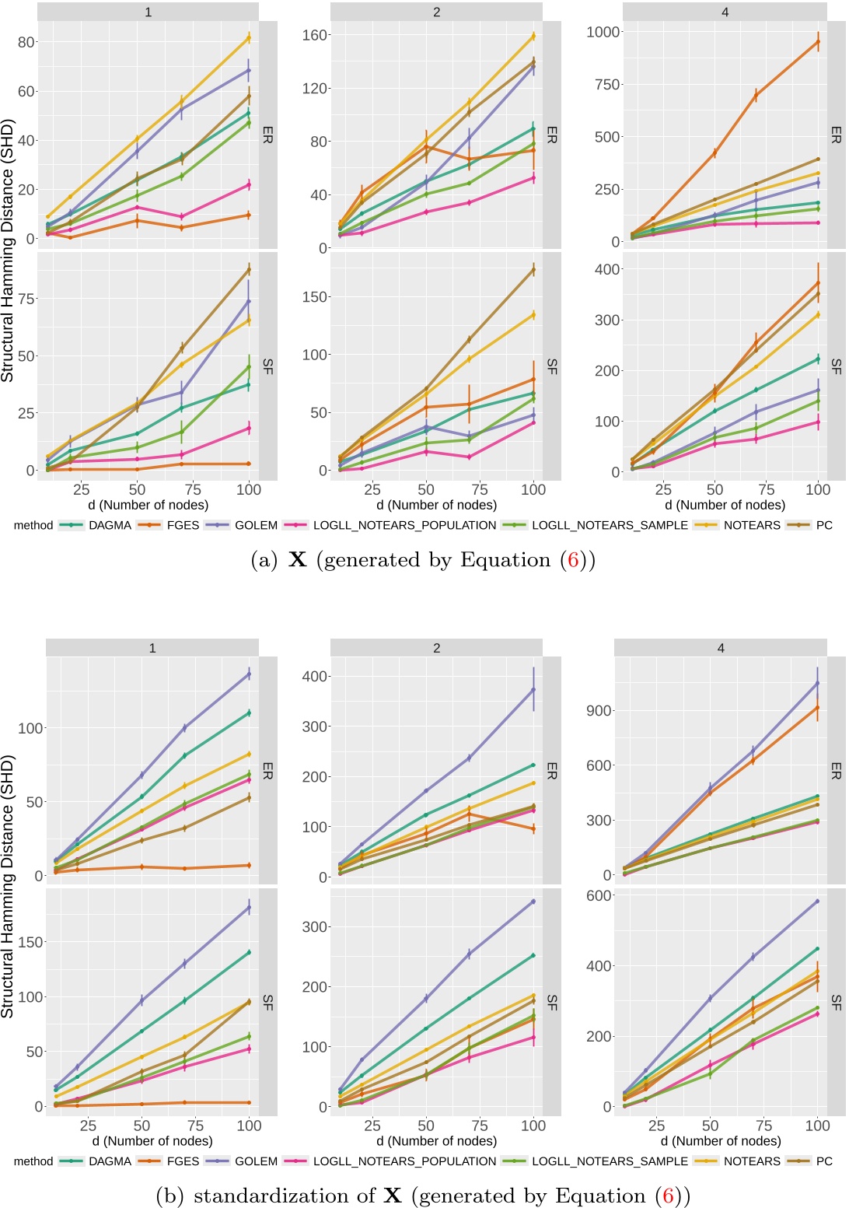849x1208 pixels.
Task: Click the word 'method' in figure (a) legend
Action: pos(33,525)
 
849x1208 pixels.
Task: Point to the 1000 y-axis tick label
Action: pos(603,32)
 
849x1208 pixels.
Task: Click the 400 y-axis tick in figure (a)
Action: pos(607,270)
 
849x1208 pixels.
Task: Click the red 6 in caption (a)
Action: pos(573,560)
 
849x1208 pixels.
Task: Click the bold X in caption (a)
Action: pos(297,560)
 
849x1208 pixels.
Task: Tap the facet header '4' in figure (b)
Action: pos(721,648)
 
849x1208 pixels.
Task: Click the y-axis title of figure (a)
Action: pos(8,250)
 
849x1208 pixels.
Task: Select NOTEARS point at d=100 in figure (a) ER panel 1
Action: pos(249,37)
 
